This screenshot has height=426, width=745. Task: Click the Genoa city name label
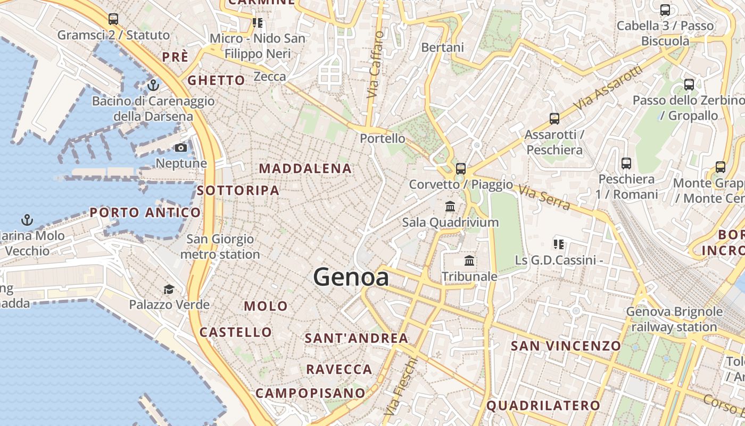point(351,277)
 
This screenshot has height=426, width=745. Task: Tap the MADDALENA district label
point(305,169)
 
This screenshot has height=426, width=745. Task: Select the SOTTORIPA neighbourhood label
point(238,191)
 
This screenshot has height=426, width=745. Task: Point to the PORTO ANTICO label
point(145,213)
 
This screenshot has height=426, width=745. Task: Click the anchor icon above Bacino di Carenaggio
point(153,85)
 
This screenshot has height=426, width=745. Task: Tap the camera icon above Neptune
point(181,148)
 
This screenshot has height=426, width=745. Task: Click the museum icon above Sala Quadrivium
point(450,206)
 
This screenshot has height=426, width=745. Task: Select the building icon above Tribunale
point(469,260)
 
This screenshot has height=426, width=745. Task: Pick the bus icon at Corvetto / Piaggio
point(461,169)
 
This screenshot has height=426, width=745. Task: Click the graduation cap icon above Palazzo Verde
point(169,289)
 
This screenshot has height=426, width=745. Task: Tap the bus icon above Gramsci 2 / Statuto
point(113,19)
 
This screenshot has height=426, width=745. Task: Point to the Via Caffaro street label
point(375,64)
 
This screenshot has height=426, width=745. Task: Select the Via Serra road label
point(544,198)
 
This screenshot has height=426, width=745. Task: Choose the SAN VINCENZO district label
point(566,346)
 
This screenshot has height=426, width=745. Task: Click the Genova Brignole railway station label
point(674,319)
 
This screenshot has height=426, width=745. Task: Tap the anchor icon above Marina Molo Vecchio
point(27,219)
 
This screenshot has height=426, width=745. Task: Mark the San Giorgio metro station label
point(220,247)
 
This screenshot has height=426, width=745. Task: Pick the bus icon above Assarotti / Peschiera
point(554,119)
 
